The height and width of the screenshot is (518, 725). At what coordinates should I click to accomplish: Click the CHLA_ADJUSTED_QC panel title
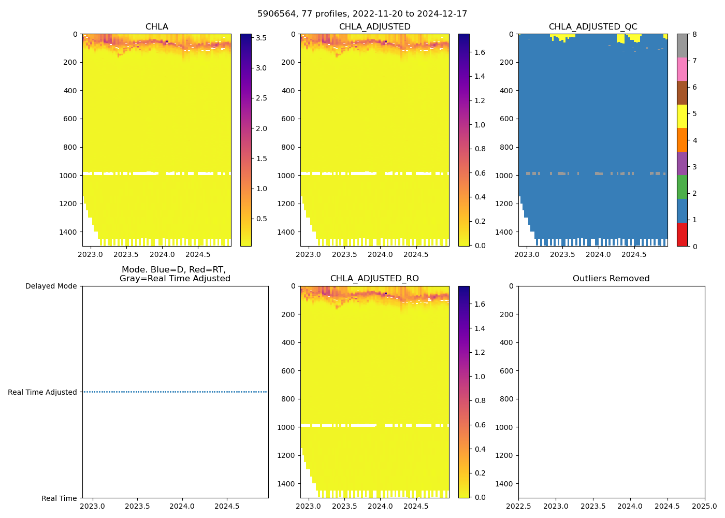click(593, 27)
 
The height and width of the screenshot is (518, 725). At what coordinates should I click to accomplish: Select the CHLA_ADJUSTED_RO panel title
click(374, 279)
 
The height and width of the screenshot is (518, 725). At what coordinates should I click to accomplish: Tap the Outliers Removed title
click(611, 279)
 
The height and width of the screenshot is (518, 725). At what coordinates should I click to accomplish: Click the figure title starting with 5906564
click(362, 14)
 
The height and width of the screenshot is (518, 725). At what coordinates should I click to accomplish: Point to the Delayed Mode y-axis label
click(51, 286)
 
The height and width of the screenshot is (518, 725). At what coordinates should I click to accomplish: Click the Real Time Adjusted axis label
click(42, 393)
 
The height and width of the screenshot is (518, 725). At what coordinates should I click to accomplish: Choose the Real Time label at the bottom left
click(59, 498)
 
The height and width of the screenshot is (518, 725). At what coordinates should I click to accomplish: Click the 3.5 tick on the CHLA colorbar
click(261, 38)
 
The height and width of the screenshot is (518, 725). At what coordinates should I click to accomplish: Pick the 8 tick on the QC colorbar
click(694, 35)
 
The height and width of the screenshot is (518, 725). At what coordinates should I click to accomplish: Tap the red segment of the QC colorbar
click(682, 234)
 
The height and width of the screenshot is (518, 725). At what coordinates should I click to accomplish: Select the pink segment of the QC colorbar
click(682, 69)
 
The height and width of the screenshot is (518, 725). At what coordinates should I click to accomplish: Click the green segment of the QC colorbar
click(682, 187)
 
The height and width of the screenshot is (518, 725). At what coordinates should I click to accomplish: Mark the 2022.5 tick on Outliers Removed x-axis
click(518, 506)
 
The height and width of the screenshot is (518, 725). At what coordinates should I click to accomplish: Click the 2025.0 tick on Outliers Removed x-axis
click(704, 506)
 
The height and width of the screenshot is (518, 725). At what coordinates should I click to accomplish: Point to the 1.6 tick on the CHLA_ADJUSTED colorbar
click(480, 52)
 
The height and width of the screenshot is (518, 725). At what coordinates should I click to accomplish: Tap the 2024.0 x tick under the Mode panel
click(182, 506)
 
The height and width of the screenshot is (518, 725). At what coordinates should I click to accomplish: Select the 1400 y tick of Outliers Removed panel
click(505, 484)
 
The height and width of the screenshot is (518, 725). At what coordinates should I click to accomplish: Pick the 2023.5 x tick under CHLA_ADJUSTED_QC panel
click(562, 254)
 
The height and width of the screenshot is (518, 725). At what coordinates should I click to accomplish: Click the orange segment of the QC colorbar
click(682, 140)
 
